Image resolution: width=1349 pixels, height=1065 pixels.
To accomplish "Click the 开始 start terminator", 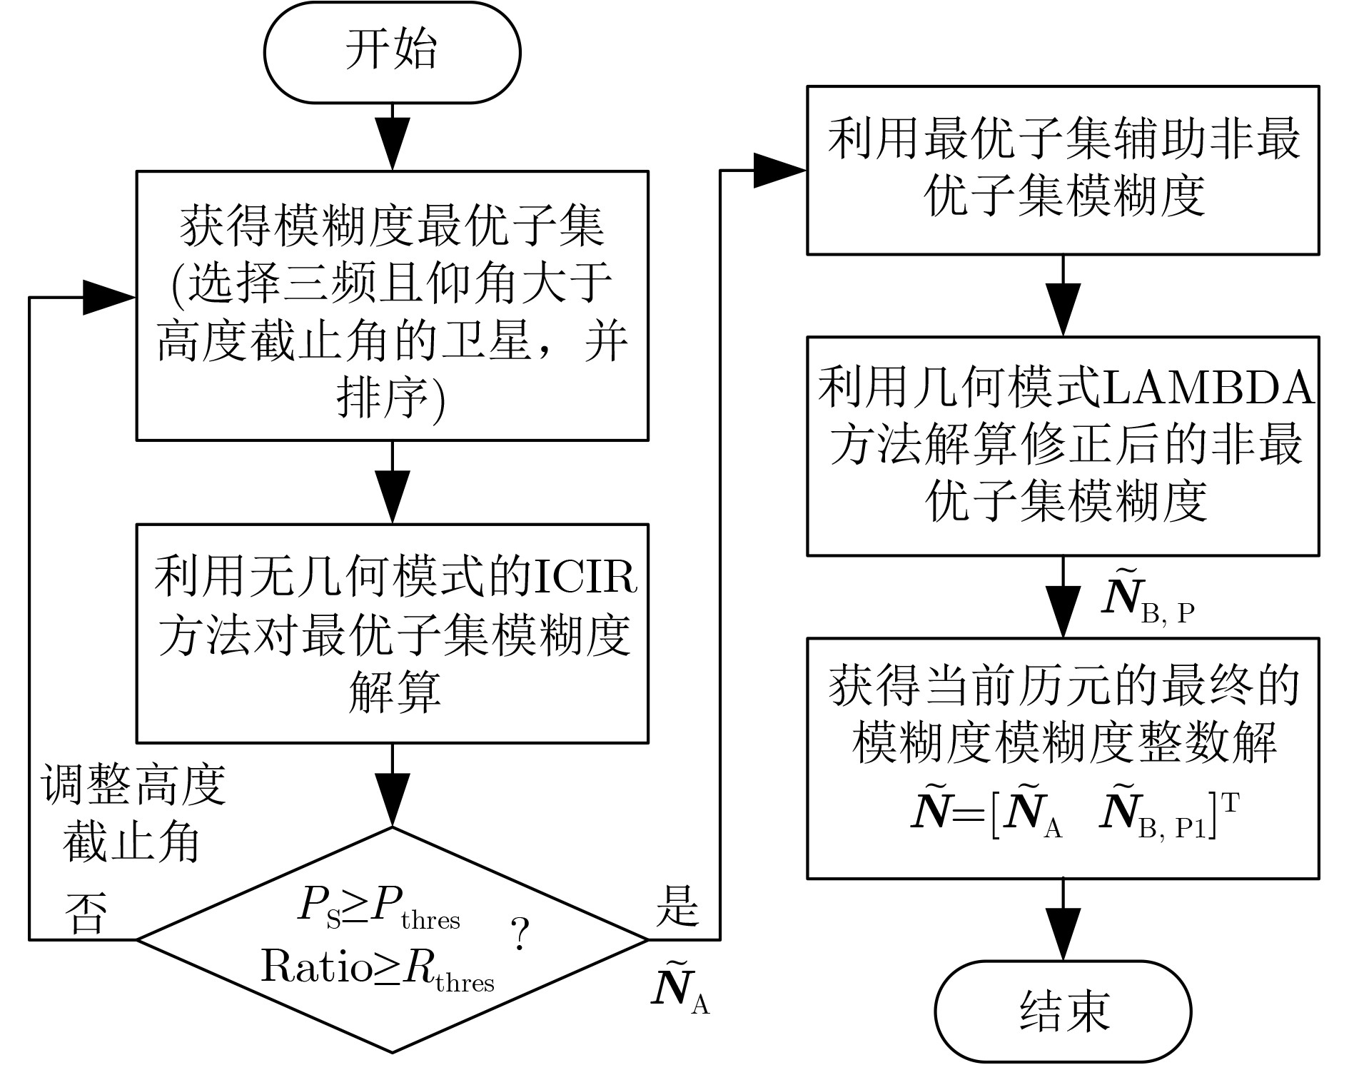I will pos(392,53).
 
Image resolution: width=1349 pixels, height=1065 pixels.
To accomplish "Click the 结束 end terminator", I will pos(1063,1011).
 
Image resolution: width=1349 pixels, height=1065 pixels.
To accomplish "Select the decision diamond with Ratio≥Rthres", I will pos(392,939).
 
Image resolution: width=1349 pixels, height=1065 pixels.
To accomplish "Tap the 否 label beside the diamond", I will pos(86,914).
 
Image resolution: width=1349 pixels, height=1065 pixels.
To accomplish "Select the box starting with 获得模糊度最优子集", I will pos(392,305).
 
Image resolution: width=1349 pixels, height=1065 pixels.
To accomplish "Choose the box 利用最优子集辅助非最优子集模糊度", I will pos(1063,170).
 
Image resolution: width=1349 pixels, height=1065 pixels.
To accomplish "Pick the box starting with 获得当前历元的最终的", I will pos(1063,757).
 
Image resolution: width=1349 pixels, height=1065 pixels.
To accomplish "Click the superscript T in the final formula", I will pos(1229,804).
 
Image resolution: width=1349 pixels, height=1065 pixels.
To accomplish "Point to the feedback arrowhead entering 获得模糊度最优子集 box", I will pos(110,297).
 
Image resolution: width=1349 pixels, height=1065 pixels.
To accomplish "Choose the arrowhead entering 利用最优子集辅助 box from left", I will pos(780,171).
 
